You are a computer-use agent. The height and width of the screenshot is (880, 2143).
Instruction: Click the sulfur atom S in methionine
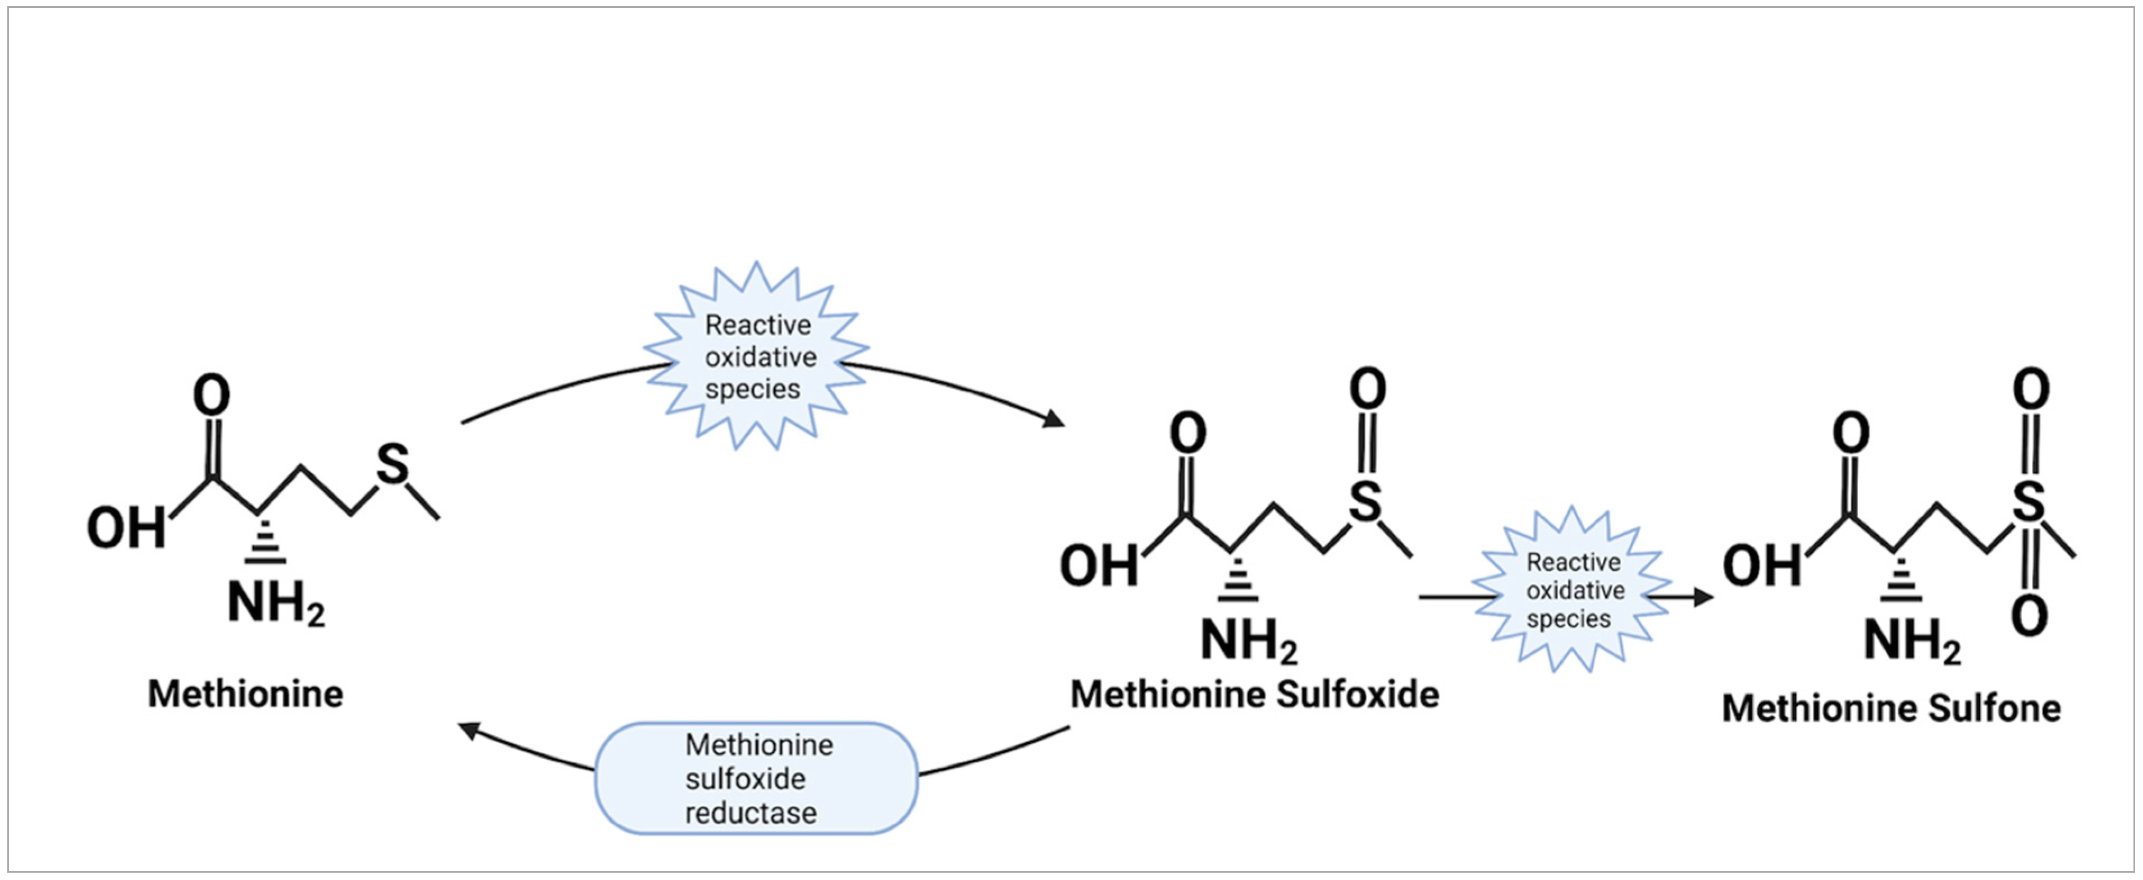pos(392,464)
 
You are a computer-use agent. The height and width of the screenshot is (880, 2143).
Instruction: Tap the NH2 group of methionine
pos(275,603)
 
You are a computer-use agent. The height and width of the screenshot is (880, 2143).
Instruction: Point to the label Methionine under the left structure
pos(245,694)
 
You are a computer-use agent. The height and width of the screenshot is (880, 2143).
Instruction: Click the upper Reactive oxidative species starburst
pos(757,356)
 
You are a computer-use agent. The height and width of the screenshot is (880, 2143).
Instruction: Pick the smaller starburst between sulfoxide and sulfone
pos(1573,590)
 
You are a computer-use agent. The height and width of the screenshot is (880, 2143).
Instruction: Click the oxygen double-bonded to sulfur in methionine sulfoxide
pos(1368,389)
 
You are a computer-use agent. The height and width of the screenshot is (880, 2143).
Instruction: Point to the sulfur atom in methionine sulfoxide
pos(1365,502)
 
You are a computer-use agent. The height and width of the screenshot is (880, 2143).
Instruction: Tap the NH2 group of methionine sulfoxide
pos(1248,640)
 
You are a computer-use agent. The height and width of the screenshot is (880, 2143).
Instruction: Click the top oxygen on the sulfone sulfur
pos(2031,389)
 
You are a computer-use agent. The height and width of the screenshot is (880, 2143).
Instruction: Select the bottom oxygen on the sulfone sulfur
pos(2029,616)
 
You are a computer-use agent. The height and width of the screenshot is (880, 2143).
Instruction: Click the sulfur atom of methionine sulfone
pos(2028,502)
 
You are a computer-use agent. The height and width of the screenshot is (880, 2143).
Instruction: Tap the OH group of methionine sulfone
pos(1762,566)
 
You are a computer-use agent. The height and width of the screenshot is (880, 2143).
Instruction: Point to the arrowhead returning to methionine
pos(470,730)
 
